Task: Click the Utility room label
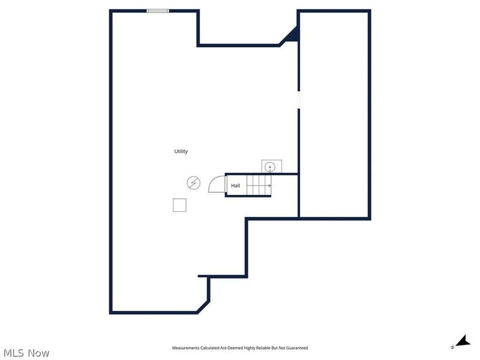click(x=181, y=151)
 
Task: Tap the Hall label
click(x=236, y=186)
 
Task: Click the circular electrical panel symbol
click(x=194, y=183)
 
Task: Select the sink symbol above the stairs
click(x=270, y=166)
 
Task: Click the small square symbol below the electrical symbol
click(x=179, y=205)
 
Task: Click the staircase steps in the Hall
click(x=259, y=186)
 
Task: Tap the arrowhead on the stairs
click(x=269, y=186)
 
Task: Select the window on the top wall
click(x=158, y=10)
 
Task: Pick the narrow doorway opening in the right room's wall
click(x=298, y=99)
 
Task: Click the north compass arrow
click(x=462, y=341)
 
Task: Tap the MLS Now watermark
click(x=26, y=353)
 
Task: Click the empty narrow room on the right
click(x=334, y=114)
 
